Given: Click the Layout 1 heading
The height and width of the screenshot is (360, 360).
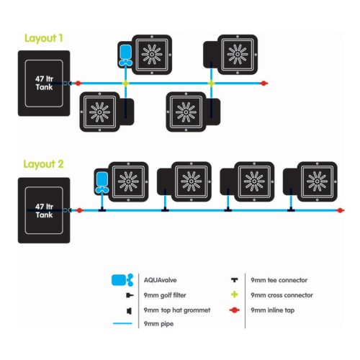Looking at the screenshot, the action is click(x=44, y=38).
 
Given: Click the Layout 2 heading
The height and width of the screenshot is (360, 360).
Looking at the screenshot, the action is click(x=43, y=164).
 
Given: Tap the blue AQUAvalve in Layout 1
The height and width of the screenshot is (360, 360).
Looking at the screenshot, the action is click(x=125, y=55).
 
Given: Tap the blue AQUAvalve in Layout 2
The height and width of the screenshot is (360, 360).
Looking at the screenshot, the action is click(x=102, y=183).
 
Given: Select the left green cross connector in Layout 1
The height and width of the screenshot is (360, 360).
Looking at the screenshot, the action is click(x=125, y=84).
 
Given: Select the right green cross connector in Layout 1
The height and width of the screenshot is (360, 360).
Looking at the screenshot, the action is click(x=211, y=84).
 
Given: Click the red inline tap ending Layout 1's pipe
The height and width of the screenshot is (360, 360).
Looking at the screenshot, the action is click(x=264, y=84).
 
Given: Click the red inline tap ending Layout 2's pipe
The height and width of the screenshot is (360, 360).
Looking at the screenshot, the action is click(x=340, y=210).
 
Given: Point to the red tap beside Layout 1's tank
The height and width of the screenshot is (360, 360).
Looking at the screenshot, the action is click(x=78, y=84).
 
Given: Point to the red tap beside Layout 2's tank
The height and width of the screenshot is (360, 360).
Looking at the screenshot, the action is click(x=79, y=210).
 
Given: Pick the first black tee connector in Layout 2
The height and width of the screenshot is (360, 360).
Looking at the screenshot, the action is click(x=102, y=210).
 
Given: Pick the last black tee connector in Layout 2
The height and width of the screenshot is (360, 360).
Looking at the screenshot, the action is click(x=291, y=210).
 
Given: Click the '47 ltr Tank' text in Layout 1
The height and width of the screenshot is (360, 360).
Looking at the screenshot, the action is click(x=44, y=83).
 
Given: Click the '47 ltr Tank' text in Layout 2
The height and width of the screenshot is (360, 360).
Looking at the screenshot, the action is click(x=44, y=211).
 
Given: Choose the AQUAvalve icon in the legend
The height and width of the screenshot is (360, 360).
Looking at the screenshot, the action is click(x=122, y=280).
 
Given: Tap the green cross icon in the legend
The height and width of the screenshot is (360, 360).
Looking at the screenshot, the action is click(x=235, y=294).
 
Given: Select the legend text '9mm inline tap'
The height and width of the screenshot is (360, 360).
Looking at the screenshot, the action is click(x=273, y=310).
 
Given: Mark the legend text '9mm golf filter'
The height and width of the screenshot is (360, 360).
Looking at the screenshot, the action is click(x=165, y=295).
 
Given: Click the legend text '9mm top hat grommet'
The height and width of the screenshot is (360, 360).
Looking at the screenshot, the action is click(x=177, y=310).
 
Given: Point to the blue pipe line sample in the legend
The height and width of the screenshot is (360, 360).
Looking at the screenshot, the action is click(x=122, y=323).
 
